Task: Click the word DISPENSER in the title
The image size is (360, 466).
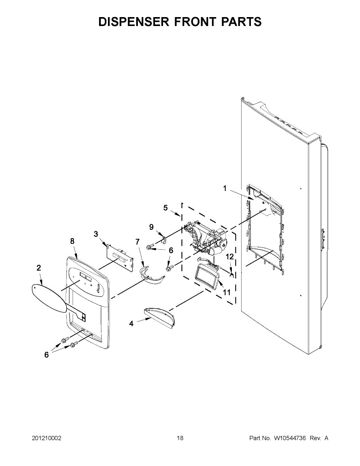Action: tap(134, 22)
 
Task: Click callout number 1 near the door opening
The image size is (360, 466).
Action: tap(225, 188)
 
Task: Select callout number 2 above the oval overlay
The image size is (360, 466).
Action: tap(39, 268)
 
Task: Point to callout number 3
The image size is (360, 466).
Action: tap(96, 234)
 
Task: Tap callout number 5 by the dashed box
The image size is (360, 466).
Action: tap(165, 208)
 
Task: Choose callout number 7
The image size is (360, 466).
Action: tap(137, 242)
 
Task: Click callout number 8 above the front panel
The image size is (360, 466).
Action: tap(72, 241)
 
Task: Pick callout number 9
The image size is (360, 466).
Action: tap(151, 227)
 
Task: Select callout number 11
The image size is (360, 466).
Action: tap(227, 292)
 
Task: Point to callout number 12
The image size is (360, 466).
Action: tap(230, 256)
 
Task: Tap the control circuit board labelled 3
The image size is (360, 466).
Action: tap(120, 258)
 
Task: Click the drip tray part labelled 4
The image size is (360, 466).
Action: tap(160, 318)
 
